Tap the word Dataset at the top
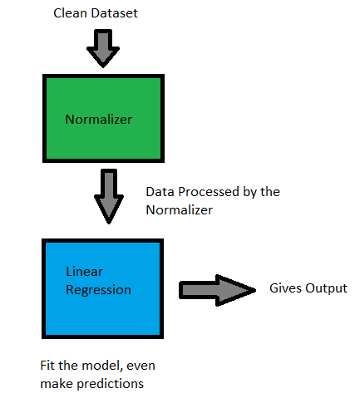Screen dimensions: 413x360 pos(108,14)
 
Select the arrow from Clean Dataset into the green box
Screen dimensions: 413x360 pos(105,49)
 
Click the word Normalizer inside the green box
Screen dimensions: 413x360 pos(98,120)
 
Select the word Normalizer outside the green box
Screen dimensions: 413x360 pos(179,210)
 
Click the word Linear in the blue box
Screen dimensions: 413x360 pos(83,273)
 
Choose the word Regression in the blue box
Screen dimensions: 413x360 pos(98,290)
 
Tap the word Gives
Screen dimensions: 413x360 pos(285,288)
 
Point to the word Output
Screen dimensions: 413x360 pos(327,288)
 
